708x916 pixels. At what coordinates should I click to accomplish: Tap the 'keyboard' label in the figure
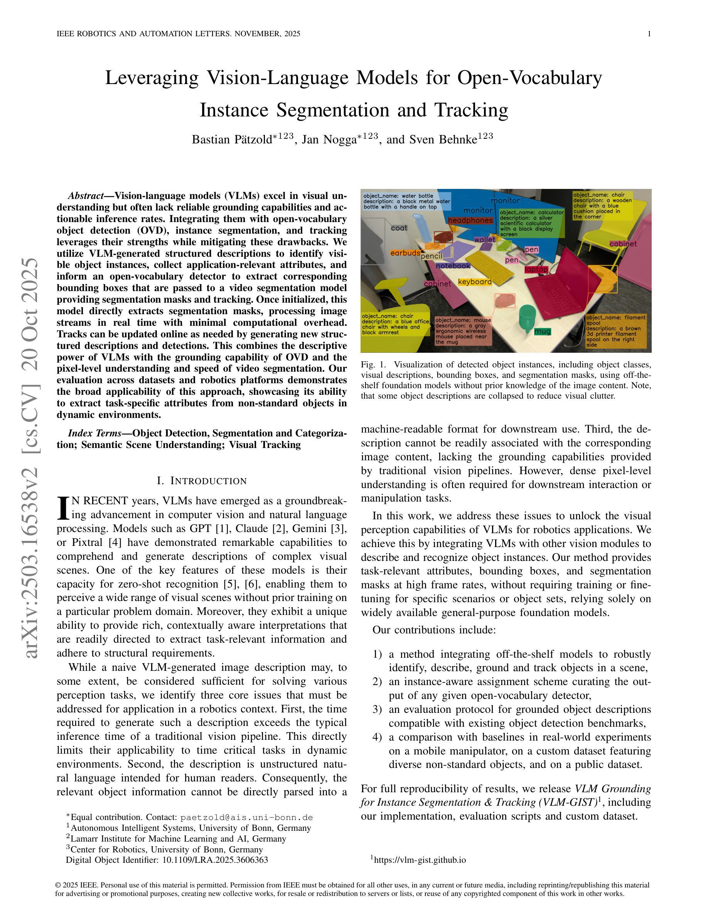(475, 282)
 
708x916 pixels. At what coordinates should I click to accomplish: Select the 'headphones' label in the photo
(470, 220)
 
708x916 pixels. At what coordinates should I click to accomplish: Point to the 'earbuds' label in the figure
(405, 253)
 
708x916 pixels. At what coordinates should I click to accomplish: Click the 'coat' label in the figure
(399, 228)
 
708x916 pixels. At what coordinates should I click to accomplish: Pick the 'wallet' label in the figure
(484, 239)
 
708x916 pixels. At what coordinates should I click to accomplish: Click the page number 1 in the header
(649, 34)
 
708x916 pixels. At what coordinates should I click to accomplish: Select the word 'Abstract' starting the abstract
(86, 196)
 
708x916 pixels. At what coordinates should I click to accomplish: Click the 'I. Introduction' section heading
(202, 481)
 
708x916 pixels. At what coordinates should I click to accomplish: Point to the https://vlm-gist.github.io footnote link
(420, 860)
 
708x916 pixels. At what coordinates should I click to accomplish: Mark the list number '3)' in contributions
(377, 709)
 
